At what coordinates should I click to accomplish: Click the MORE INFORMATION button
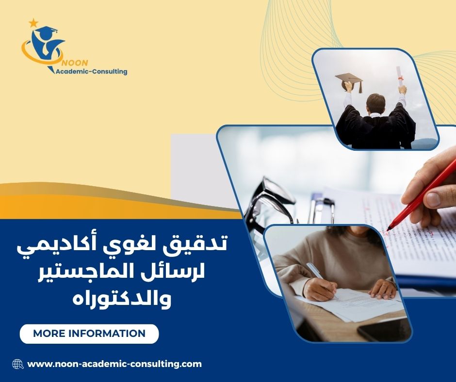click(89, 334)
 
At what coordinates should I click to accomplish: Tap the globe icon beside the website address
click(18, 364)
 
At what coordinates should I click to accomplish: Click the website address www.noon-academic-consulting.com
click(114, 364)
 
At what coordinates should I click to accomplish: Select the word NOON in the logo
click(72, 63)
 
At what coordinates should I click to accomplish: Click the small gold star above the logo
click(33, 22)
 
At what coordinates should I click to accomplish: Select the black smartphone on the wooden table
click(383, 330)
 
